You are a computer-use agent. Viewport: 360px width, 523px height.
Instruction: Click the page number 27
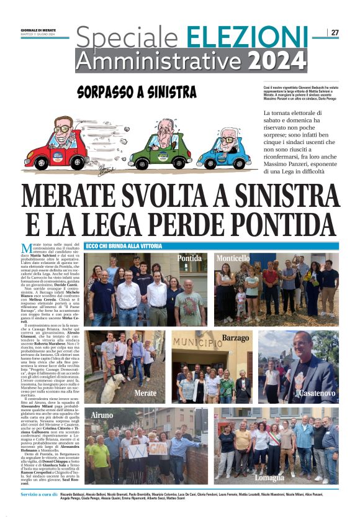pos(335,32)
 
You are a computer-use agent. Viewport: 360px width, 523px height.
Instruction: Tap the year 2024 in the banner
pos(277,60)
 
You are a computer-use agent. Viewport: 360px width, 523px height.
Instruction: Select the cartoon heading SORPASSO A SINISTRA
pos(137,93)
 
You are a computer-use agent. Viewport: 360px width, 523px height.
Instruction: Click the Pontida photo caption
pos(190,258)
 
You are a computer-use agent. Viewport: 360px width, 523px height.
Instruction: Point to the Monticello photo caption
pos(233,258)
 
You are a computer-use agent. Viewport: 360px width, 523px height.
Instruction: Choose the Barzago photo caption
pos(235,339)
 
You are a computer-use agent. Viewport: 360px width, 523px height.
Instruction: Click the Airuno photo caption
pos(102,415)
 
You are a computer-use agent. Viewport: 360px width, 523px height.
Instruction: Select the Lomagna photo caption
pos(270,478)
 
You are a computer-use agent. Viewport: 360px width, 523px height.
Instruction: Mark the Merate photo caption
pos(146,394)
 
